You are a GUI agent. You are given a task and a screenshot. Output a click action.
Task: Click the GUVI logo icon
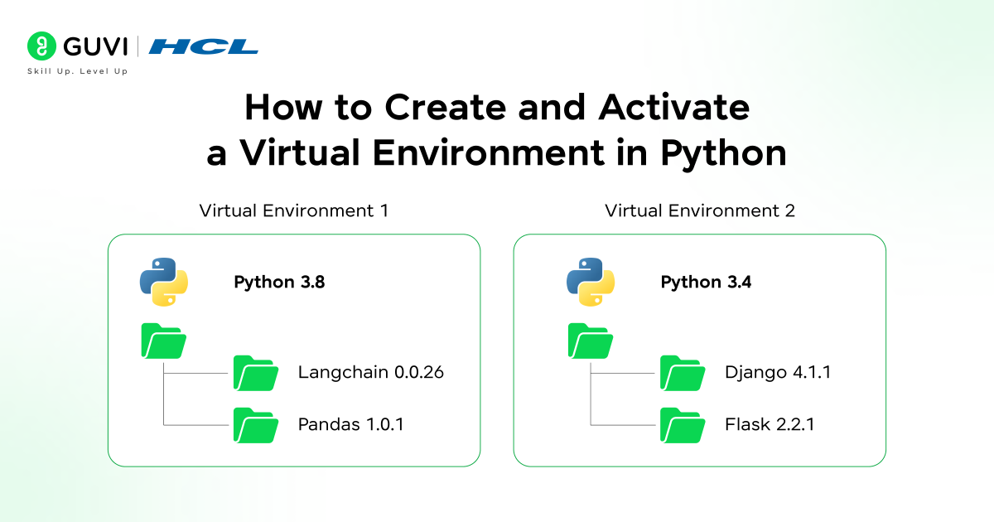(x=41, y=46)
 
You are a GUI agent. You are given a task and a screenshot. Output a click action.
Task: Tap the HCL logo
(x=204, y=46)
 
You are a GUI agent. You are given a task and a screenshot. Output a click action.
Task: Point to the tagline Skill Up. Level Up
(x=78, y=71)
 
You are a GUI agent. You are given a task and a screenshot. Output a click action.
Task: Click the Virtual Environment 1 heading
(x=294, y=210)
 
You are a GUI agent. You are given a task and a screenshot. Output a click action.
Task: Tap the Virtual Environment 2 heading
(x=700, y=210)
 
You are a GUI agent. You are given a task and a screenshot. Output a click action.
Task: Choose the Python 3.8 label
(x=279, y=282)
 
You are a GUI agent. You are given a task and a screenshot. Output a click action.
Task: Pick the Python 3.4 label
(x=706, y=282)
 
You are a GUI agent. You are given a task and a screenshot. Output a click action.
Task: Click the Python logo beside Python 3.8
(x=164, y=282)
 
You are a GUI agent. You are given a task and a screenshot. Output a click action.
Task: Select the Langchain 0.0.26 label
(x=371, y=372)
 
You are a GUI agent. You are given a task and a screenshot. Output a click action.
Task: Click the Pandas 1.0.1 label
(x=351, y=425)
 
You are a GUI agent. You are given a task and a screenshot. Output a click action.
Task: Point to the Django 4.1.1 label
(x=777, y=372)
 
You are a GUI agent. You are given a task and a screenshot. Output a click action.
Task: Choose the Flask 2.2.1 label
(x=770, y=425)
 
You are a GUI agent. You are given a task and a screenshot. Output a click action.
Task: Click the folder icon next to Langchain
(x=255, y=373)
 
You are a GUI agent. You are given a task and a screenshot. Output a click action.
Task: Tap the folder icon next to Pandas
(x=255, y=425)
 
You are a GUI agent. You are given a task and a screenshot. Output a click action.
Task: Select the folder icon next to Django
(x=682, y=373)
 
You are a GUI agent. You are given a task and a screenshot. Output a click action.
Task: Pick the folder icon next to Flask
(x=682, y=425)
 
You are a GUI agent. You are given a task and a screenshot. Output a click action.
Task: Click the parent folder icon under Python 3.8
(x=164, y=341)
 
